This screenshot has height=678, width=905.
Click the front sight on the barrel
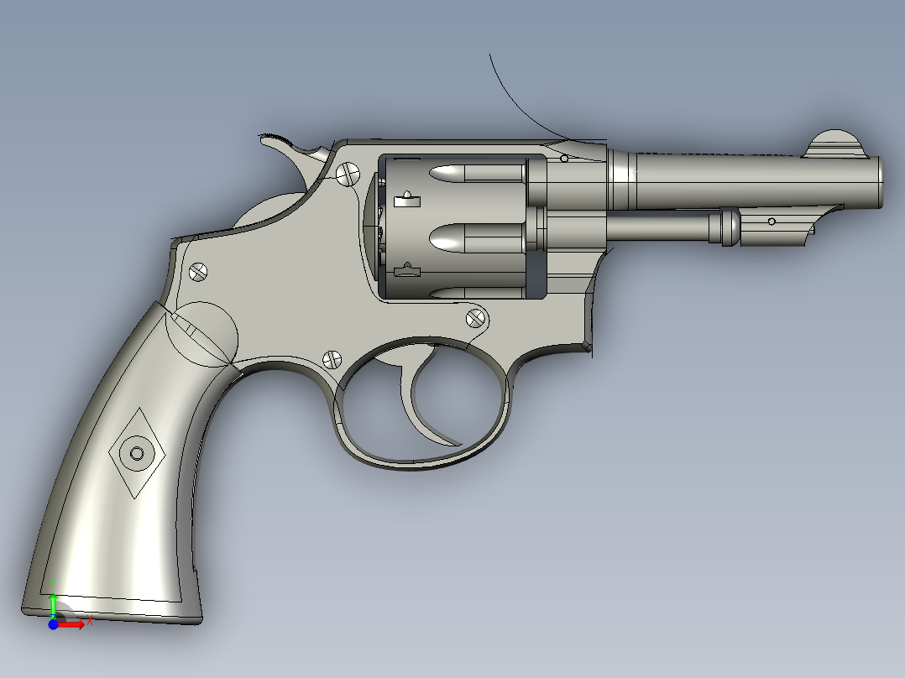pyautogui.click(x=835, y=144)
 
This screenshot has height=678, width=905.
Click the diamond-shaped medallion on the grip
pyautogui.click(x=137, y=454)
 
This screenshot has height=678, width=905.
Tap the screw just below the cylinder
pyautogui.click(x=476, y=317)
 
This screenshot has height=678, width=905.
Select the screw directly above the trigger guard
pyautogui.click(x=332, y=358)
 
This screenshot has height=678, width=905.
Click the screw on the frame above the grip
pyautogui.click(x=198, y=271)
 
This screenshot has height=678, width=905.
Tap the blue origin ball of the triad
pyautogui.click(x=53, y=624)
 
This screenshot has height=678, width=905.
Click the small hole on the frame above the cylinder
pyautogui.click(x=564, y=158)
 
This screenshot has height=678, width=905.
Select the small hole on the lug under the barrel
pyautogui.click(x=772, y=221)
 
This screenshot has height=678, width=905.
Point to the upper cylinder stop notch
pyautogui.click(x=406, y=199)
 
